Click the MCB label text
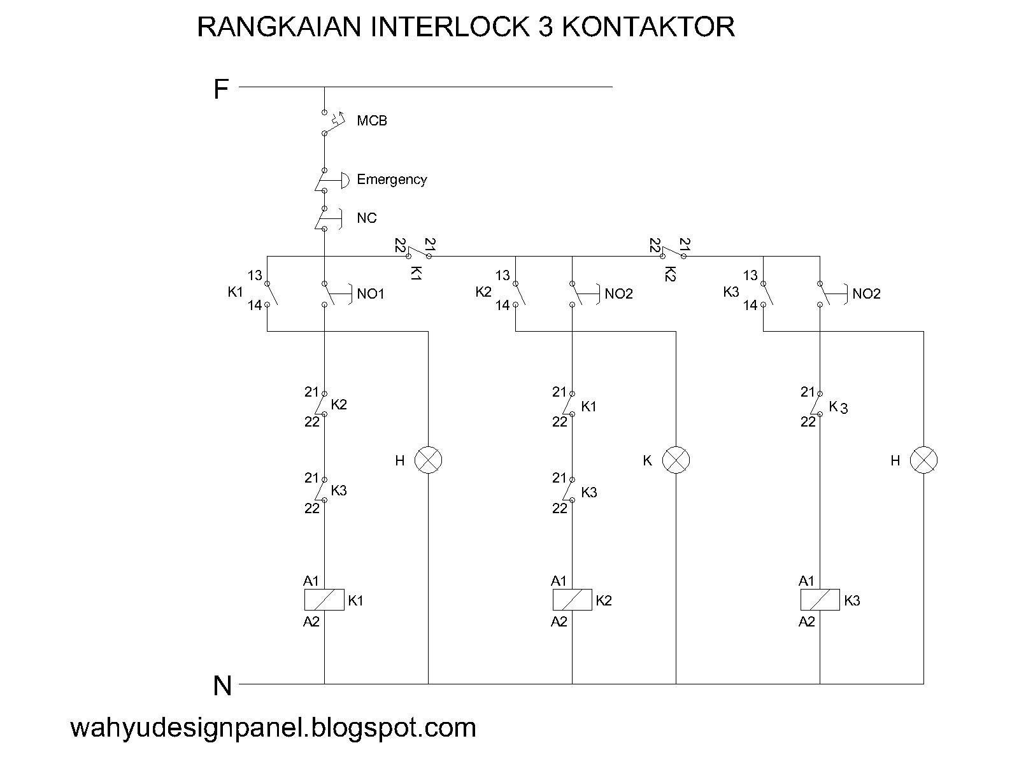(x=371, y=121)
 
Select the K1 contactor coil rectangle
(x=324, y=600)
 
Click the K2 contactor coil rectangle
(x=572, y=600)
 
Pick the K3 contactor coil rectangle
(x=820, y=600)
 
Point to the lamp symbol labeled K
(x=676, y=460)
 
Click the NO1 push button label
(x=371, y=294)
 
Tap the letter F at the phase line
(x=220, y=89)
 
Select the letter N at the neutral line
(x=222, y=686)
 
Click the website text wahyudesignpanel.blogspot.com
(x=273, y=727)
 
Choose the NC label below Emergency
(x=366, y=218)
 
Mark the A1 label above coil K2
(x=559, y=581)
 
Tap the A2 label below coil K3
(x=806, y=622)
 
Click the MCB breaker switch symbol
(x=331, y=122)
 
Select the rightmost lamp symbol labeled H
(x=923, y=460)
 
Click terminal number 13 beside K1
(x=255, y=276)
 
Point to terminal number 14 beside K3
(x=750, y=306)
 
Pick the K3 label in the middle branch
(x=589, y=492)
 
